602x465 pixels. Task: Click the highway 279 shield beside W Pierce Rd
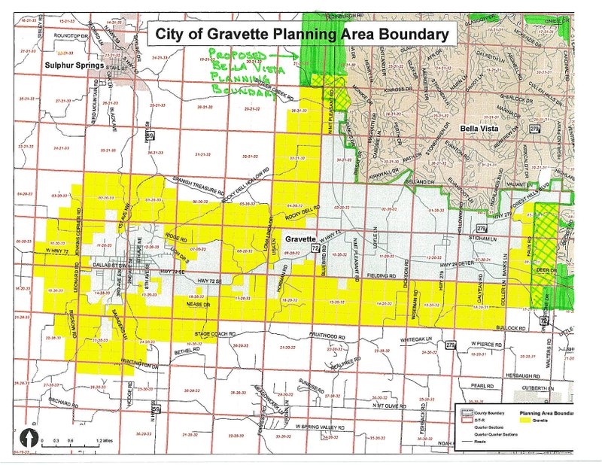tap(450, 345)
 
